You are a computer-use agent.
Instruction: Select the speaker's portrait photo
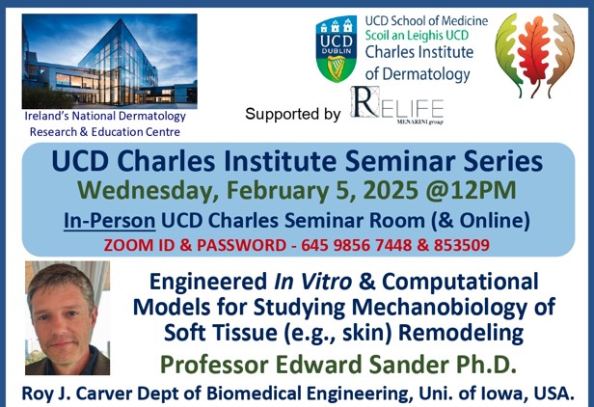coord(67,318)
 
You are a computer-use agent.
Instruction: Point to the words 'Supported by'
coord(292,114)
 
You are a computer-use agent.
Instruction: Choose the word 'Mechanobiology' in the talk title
coord(436,308)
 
